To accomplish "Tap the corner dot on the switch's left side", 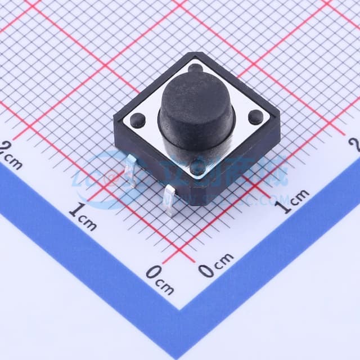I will point(137,119).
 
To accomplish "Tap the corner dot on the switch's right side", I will point(255,117).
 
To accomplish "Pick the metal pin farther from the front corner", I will point(130,172).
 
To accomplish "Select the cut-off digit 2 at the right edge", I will point(354,145).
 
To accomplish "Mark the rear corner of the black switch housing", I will point(194,54).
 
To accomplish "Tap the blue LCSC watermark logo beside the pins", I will point(107,174).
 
